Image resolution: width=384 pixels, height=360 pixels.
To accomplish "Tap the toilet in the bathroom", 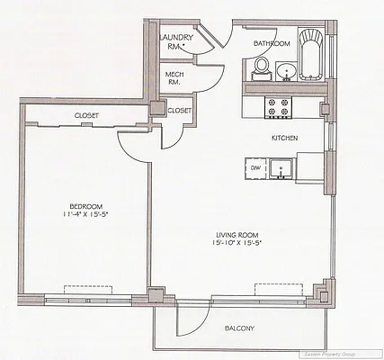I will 262,67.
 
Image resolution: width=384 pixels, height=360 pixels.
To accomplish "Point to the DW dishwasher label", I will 255,167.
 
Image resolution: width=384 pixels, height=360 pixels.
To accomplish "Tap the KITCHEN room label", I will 285,138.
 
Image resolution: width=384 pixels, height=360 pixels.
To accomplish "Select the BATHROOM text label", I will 271,43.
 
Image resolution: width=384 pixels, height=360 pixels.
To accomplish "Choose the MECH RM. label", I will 174,79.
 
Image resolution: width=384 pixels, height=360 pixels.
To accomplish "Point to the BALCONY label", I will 239,328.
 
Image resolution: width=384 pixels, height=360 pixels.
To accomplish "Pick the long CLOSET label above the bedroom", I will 86,116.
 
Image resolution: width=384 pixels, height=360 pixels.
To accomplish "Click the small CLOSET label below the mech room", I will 180,110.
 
